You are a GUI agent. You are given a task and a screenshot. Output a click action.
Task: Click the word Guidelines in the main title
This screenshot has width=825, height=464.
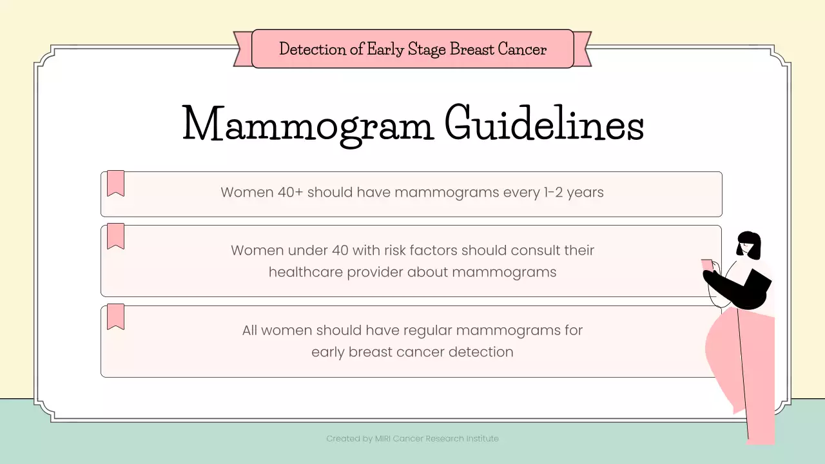tap(544, 124)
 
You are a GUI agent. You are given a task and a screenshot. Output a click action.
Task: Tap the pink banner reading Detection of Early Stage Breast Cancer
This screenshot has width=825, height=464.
tap(412, 49)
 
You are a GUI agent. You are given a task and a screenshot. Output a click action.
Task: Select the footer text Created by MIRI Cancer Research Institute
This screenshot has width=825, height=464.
tap(412, 439)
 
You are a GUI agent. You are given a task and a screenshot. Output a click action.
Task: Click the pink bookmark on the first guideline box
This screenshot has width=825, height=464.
tap(115, 183)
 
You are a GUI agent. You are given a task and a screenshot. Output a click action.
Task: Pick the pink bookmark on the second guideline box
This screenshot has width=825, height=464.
tap(115, 236)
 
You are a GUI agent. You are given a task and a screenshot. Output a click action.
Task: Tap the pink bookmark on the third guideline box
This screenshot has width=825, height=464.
tap(115, 316)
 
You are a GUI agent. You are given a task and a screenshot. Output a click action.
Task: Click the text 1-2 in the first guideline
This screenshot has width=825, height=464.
tap(553, 192)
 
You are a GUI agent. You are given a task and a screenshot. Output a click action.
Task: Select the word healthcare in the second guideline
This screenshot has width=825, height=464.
tap(306, 272)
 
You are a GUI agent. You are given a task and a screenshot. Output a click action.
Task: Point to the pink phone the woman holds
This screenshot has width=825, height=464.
tap(707, 265)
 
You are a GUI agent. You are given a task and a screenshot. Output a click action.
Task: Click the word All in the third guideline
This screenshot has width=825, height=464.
tap(249, 331)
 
